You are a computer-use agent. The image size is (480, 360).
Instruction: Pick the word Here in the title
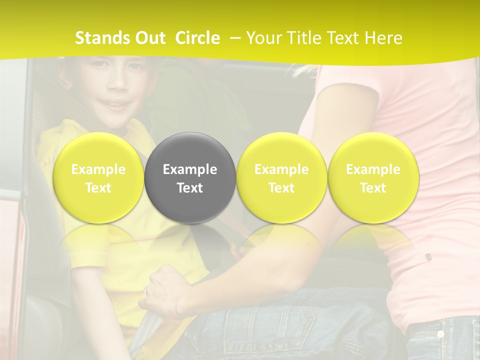383,38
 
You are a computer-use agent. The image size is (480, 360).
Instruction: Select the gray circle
190,178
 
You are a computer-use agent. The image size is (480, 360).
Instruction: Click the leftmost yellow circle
98,178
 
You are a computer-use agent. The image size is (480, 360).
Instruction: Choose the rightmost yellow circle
373,178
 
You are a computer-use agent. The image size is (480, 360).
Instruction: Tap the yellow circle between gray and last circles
281,178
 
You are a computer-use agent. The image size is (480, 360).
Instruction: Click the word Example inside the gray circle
190,169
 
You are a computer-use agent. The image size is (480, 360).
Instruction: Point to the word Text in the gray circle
190,188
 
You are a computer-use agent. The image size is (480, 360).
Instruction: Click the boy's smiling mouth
116,104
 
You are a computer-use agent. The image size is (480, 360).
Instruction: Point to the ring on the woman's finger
146,290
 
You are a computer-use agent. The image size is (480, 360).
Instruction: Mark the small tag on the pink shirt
428,257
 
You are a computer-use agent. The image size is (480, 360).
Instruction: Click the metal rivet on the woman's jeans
440,334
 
